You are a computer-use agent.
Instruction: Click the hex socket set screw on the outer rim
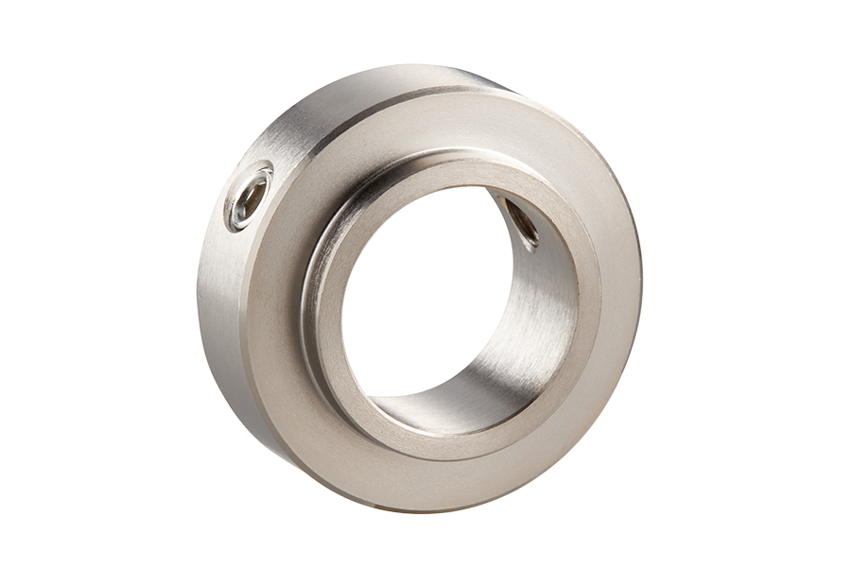click(250, 198)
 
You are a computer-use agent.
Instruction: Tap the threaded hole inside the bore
click(520, 223)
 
